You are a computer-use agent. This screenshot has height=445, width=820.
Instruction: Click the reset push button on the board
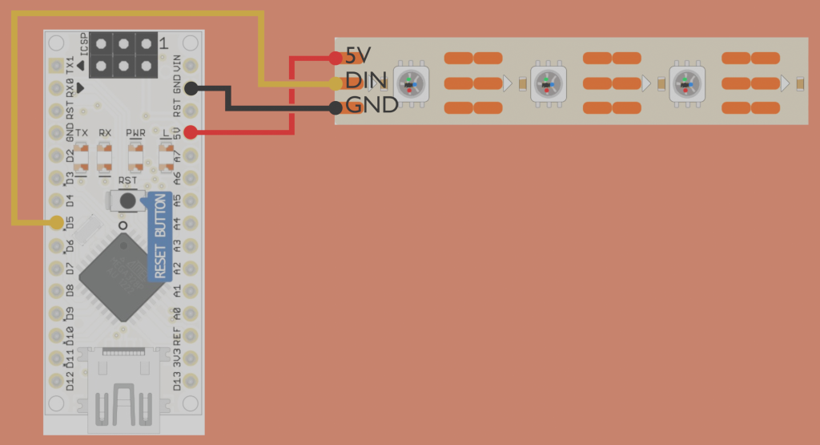coord(127,201)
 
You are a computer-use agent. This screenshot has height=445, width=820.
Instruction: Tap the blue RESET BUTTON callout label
coord(160,237)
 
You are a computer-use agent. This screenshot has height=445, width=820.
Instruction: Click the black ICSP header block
coord(123,55)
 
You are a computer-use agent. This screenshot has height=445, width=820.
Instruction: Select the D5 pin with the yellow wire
coord(56,222)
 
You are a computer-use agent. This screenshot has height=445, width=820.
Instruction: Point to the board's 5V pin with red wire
coord(191,132)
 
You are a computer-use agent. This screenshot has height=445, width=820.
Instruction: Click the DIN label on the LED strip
coord(367,81)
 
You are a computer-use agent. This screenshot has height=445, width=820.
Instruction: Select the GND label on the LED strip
coord(371,105)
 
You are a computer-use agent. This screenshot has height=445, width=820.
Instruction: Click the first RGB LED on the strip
coord(411,83)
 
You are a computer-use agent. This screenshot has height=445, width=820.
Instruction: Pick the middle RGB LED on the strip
coord(549,83)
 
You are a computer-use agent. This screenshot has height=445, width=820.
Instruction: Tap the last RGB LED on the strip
coord(687,83)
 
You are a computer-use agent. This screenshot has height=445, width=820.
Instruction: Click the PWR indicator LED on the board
coord(136,156)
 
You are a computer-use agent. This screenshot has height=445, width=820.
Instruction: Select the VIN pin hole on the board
coord(191,64)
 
